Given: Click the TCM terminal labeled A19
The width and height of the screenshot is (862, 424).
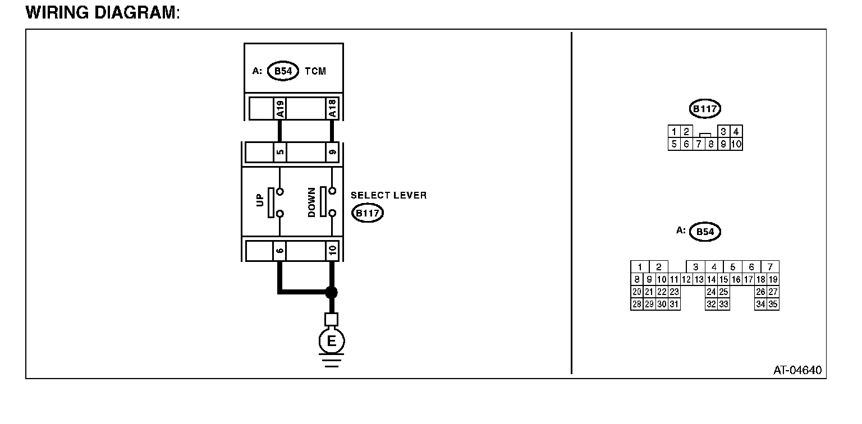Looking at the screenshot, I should (x=279, y=108).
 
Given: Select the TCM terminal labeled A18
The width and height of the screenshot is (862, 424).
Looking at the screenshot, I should (x=332, y=108).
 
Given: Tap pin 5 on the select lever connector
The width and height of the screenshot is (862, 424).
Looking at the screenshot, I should (x=279, y=152).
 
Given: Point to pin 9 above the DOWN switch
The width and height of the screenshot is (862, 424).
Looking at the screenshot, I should (x=332, y=152).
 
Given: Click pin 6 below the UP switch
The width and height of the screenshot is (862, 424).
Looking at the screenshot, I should (x=279, y=249).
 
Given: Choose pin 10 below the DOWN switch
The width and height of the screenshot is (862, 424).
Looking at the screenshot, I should (x=332, y=249).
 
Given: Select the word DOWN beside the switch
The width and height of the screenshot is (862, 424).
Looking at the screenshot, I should (x=312, y=202).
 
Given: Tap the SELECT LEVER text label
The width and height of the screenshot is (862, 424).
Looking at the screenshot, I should (x=388, y=195).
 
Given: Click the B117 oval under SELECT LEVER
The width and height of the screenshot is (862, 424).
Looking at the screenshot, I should (x=367, y=213).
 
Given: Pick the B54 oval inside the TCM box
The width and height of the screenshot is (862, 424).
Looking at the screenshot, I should (x=283, y=71).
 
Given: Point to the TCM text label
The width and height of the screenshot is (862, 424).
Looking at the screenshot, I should (x=315, y=71).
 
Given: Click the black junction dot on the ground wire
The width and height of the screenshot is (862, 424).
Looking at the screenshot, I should (x=332, y=292).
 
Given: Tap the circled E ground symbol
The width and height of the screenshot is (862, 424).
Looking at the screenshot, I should (x=332, y=341).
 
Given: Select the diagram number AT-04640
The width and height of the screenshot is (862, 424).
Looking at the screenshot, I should (x=797, y=370).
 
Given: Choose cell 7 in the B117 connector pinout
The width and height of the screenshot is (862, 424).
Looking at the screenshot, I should (x=699, y=144).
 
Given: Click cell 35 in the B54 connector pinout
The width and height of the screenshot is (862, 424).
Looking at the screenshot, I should (x=773, y=305).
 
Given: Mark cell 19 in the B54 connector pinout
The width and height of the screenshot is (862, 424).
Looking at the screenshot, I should (x=773, y=279).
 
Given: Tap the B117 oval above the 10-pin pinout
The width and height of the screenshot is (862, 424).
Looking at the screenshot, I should (x=705, y=109).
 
